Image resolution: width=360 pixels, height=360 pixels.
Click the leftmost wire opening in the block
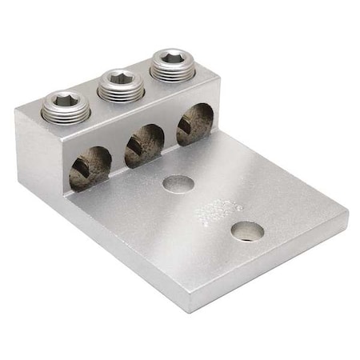click(90, 167)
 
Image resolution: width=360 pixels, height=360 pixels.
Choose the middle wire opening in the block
click(144, 145)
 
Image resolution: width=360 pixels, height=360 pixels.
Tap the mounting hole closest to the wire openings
click(178, 184)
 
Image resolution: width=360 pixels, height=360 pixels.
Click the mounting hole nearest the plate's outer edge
click(247, 232)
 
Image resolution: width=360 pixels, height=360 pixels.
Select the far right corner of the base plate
click(347, 214)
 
